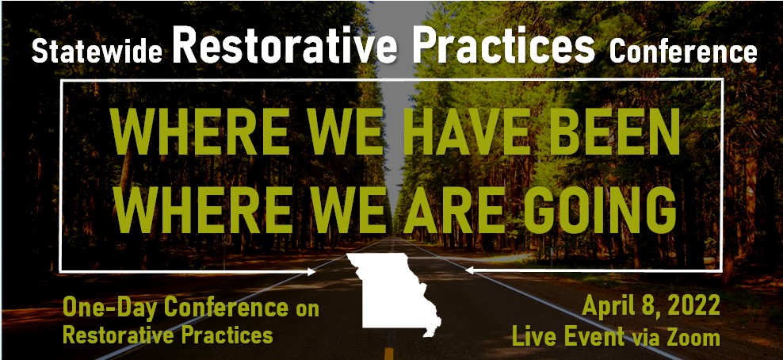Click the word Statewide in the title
[x=97, y=51]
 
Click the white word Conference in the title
[x=683, y=51]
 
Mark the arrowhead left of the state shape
[x=311, y=272]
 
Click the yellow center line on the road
[x=389, y=354]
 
